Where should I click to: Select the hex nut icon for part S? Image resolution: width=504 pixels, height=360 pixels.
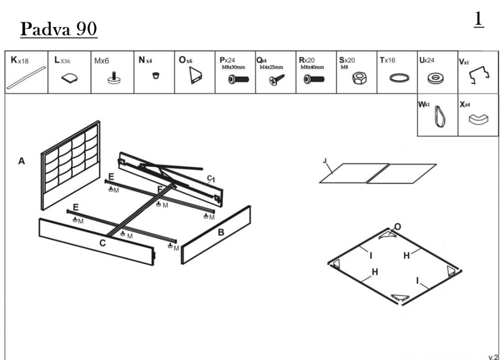click(349, 78)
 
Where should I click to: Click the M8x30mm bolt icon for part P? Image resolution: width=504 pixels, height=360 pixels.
click(239, 80)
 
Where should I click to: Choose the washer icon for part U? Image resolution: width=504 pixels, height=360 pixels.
click(432, 79)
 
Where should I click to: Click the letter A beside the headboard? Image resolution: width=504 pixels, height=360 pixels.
click(22, 161)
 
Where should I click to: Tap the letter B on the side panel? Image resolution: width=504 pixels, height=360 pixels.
click(221, 232)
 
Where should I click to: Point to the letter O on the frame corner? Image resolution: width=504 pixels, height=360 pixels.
click(398, 226)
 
